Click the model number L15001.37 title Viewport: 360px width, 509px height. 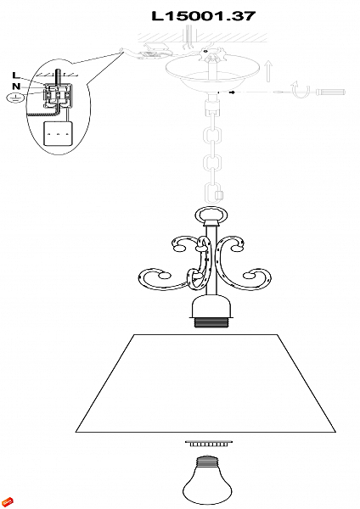tap(204, 16)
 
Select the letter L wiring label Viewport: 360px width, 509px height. tap(16, 76)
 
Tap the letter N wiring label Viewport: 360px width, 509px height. tap(16, 87)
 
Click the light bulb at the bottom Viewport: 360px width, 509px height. tap(207, 481)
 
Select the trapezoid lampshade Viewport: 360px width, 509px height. tap(205, 383)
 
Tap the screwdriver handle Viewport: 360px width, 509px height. tap(331, 92)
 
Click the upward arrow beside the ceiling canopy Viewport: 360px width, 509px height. tap(268, 71)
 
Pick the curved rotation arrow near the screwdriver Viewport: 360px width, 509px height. tap(301, 89)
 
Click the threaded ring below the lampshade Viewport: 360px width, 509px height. tap(209, 444)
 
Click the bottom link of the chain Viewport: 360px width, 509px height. tap(213, 193)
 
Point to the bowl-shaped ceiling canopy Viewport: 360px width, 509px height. tap(213, 73)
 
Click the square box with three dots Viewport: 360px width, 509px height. tap(58, 133)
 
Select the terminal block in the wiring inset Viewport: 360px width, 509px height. tap(57, 95)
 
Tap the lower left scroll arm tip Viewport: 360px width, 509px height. tap(165, 276)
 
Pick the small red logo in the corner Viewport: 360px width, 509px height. tap(8, 501)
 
